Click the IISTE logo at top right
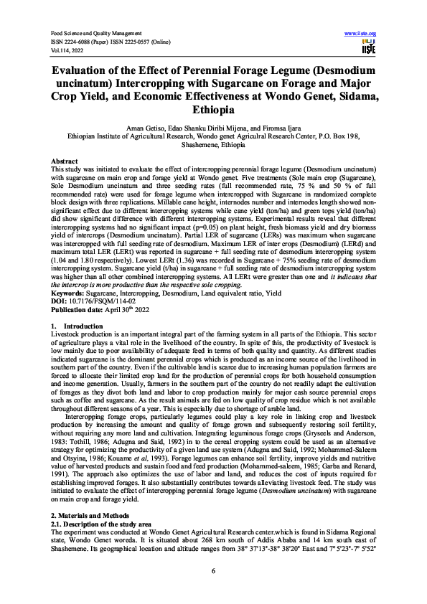coord(368,45)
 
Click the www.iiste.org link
coord(361,34)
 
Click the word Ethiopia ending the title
coord(213,111)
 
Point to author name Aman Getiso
coord(162,126)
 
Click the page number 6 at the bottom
coord(213,570)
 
